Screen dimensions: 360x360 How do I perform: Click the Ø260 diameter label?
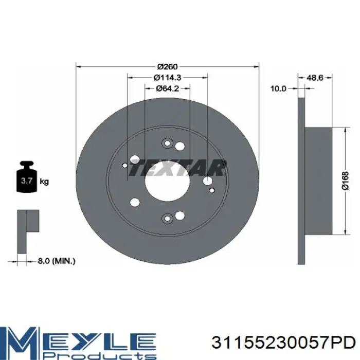[x=167, y=66]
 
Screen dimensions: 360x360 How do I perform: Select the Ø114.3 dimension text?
[x=167, y=78]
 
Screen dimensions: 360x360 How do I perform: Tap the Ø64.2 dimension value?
[x=167, y=88]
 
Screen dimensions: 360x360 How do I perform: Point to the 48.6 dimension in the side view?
[x=315, y=78]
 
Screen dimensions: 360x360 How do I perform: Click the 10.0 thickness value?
[x=278, y=88]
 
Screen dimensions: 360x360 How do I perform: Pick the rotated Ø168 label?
[x=345, y=181]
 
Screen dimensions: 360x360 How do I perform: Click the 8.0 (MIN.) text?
[x=57, y=261]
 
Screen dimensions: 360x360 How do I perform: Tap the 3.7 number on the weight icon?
[x=27, y=181]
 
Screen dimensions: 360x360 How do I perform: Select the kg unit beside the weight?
[x=44, y=182]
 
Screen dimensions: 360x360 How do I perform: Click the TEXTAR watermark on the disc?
[x=178, y=168]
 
